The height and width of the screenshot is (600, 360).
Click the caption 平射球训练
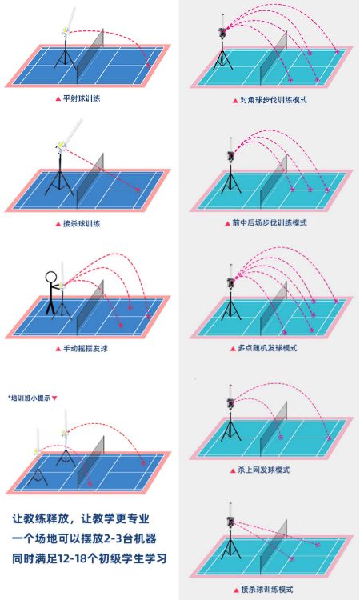[x=82, y=98]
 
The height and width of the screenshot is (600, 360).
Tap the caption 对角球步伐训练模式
[x=274, y=100]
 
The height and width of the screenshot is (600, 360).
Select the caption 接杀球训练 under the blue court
[x=82, y=224]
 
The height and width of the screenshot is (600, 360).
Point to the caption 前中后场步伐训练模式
[x=270, y=222]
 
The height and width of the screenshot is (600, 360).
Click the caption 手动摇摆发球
[x=86, y=349]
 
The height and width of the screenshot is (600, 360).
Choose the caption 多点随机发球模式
[x=267, y=348]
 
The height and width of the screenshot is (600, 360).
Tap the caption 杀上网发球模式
[x=263, y=470]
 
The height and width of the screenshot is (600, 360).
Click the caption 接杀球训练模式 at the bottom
[x=267, y=590]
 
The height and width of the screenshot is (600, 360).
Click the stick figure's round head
[x=50, y=276]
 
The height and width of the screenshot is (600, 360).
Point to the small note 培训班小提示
[x=30, y=398]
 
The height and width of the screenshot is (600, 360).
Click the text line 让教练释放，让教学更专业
[x=81, y=519]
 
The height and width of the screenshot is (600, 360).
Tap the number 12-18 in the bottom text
[x=74, y=558]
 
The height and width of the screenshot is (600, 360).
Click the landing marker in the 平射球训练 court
[x=149, y=66]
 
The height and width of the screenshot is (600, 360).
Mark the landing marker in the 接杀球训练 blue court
[x=138, y=190]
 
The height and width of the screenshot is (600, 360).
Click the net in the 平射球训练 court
[x=90, y=56]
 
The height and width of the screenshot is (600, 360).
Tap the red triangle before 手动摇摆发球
[x=58, y=349]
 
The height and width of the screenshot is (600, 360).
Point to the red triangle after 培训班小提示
[x=54, y=398]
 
